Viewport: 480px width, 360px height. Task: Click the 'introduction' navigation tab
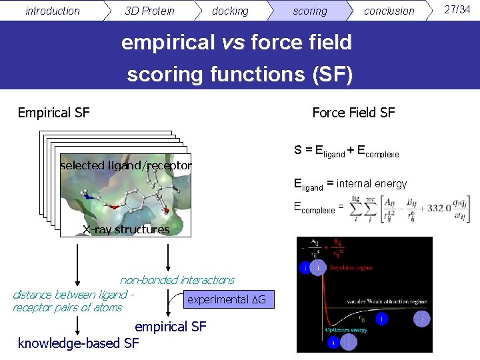point(52,11)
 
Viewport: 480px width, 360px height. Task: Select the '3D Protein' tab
point(149,11)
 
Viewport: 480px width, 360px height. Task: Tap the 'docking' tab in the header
point(230,11)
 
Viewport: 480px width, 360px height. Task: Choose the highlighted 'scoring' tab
point(310,11)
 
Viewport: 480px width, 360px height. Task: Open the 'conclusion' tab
point(389,11)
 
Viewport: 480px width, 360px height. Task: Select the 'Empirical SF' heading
point(53,113)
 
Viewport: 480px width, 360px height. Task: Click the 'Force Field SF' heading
point(353,113)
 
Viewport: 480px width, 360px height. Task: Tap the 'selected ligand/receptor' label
point(125,165)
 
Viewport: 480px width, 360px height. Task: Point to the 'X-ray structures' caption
point(126,229)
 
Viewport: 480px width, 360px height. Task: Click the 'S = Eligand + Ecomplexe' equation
point(346,151)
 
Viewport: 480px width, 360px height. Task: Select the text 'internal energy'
point(371,183)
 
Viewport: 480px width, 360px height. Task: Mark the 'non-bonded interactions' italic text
point(177,280)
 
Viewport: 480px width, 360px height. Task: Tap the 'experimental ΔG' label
point(226,299)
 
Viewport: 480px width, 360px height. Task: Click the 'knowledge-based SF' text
point(79,343)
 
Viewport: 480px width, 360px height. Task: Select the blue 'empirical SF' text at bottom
point(171,327)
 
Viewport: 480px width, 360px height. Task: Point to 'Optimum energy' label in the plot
point(346,330)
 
